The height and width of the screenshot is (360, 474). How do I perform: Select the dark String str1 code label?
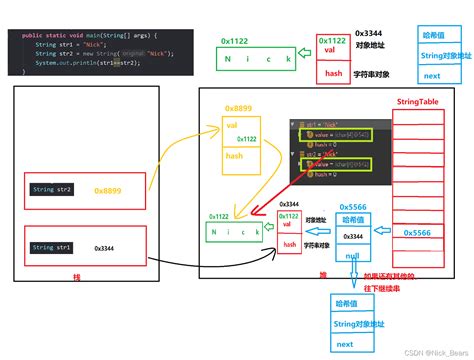click(51, 247)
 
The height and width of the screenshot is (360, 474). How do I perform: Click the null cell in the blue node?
click(354, 254)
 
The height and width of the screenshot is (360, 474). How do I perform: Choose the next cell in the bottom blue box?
click(345, 343)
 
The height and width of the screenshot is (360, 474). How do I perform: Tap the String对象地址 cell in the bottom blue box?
click(352, 322)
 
